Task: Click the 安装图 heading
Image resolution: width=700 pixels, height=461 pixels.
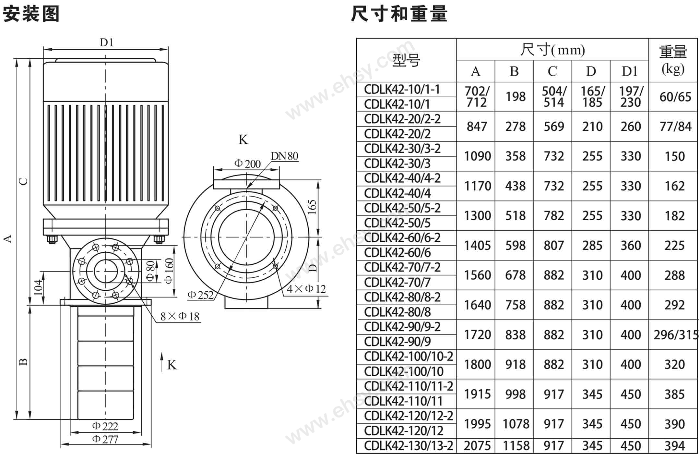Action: (x=31, y=14)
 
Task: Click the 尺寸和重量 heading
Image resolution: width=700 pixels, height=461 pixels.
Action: (x=399, y=14)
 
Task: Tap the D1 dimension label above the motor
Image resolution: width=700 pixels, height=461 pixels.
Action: (x=106, y=42)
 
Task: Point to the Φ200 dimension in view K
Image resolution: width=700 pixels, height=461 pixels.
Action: (x=247, y=164)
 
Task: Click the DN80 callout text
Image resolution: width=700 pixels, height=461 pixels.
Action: (x=284, y=156)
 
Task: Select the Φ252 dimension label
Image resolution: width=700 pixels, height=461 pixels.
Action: (x=200, y=295)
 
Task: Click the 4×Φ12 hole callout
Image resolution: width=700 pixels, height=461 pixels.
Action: (x=306, y=289)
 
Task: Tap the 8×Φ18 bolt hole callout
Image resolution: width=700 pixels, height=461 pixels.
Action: (x=180, y=316)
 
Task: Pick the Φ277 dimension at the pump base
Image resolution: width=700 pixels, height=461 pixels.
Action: (x=105, y=439)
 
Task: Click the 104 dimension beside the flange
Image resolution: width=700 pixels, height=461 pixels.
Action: (x=38, y=287)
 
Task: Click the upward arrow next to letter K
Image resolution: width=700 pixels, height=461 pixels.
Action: (x=162, y=361)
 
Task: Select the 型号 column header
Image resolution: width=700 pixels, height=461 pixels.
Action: (x=406, y=60)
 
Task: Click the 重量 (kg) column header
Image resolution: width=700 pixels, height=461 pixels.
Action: (x=673, y=60)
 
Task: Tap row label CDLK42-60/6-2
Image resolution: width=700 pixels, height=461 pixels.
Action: (x=402, y=238)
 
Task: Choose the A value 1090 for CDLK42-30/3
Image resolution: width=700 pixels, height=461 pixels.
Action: (x=477, y=156)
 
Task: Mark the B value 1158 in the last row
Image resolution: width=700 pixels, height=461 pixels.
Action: (x=516, y=446)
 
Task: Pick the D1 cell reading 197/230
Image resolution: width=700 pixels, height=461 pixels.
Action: (x=630, y=97)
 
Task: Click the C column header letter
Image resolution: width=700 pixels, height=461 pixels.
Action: (x=552, y=71)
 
